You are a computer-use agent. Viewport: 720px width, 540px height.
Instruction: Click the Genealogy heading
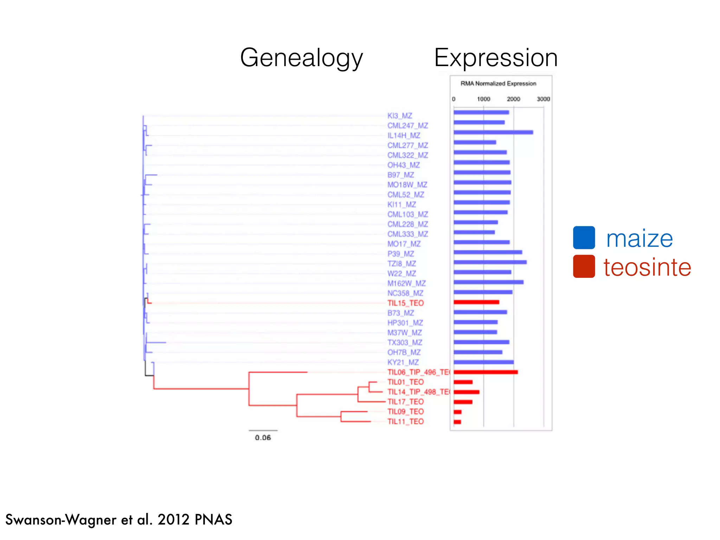coord(301,58)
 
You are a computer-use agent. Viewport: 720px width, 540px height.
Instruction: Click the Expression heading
coord(496,58)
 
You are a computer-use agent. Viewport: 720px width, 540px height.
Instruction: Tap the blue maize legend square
coord(584,238)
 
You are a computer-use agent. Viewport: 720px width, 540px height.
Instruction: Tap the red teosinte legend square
coord(584,266)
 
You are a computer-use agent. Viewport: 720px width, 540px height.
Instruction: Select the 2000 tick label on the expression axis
coord(513,99)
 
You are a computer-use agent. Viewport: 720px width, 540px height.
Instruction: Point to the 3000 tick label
coord(543,99)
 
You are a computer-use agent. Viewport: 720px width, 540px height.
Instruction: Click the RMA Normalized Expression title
coord(498,84)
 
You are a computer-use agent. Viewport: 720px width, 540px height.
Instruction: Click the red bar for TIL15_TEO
coord(476,302)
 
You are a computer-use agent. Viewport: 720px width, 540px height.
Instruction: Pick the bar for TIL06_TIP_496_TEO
coord(486,372)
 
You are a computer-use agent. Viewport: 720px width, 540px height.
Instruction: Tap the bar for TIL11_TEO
coord(457,422)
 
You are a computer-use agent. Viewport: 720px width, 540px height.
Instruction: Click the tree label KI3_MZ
coord(400,116)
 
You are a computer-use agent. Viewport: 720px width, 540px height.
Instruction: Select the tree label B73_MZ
coord(401,313)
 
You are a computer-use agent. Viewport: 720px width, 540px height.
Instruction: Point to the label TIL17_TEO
coord(405,402)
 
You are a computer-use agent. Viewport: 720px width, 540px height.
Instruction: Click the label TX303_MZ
coord(405,342)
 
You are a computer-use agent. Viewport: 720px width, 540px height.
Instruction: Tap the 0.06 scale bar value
coord(263,438)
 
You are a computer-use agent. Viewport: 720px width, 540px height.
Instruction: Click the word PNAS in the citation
coord(213,520)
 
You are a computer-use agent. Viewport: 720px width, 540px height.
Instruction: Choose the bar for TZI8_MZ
coord(490,262)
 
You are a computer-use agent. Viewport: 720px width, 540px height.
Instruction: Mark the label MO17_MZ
coord(404,244)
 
